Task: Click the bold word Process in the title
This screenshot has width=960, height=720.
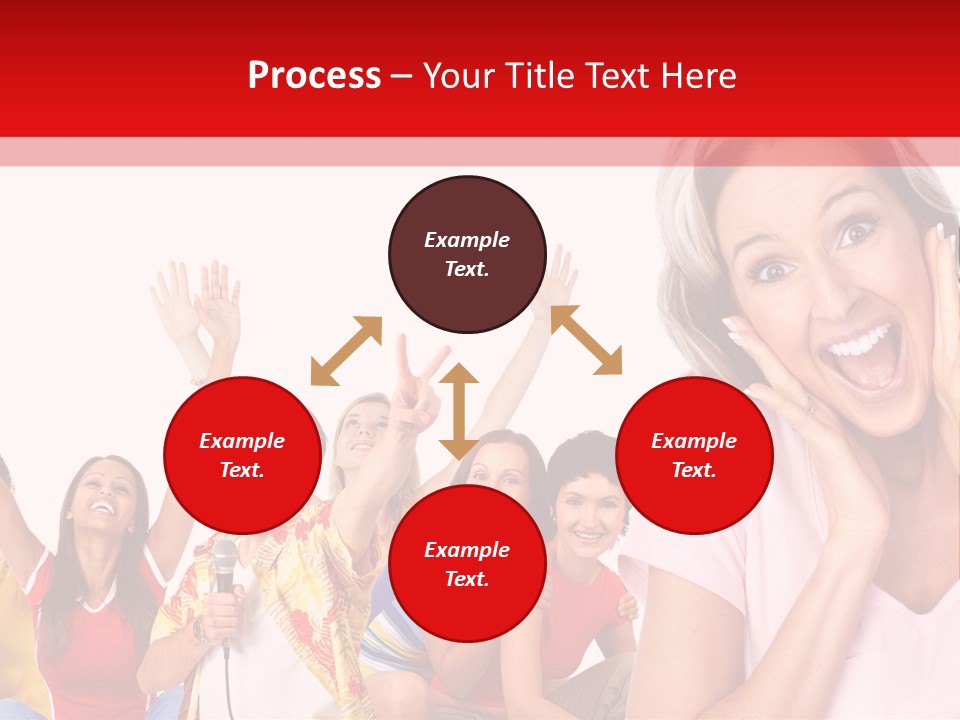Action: (314, 76)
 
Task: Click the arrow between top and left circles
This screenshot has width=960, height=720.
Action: (346, 351)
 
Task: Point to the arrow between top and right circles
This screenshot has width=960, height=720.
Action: (586, 340)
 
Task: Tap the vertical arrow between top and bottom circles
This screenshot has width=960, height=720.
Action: (459, 410)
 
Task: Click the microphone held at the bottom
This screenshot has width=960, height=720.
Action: (225, 565)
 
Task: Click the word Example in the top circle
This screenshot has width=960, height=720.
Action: (467, 240)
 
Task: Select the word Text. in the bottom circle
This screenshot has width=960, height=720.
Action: (467, 580)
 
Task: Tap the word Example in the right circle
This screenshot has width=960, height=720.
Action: (694, 441)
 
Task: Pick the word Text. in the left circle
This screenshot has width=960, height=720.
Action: (242, 470)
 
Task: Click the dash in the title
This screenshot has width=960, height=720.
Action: (401, 76)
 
